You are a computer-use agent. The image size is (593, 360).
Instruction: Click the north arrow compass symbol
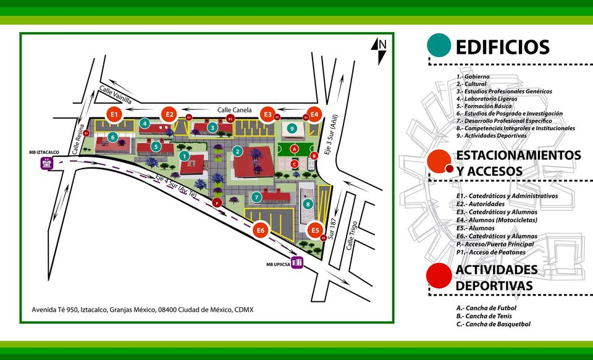pos(382,49)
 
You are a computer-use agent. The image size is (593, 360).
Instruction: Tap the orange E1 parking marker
pos(114,114)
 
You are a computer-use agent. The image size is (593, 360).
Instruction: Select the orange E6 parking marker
pos(261,230)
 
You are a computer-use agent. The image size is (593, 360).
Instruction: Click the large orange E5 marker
pos(316,230)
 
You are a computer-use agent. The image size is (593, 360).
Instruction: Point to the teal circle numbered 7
pos(256,197)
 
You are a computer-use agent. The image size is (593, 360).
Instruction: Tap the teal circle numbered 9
pos(290,128)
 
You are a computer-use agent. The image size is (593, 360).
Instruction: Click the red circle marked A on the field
pos(295,149)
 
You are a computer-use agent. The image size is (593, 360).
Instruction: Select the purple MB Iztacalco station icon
pos(47,164)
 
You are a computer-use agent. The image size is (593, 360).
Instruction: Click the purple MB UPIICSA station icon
pos(297,262)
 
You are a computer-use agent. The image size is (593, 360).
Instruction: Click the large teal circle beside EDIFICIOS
pos(439,45)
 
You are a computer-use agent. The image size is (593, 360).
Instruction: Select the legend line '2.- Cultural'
pos(471,83)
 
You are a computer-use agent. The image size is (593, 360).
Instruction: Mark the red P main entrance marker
pos(217,203)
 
